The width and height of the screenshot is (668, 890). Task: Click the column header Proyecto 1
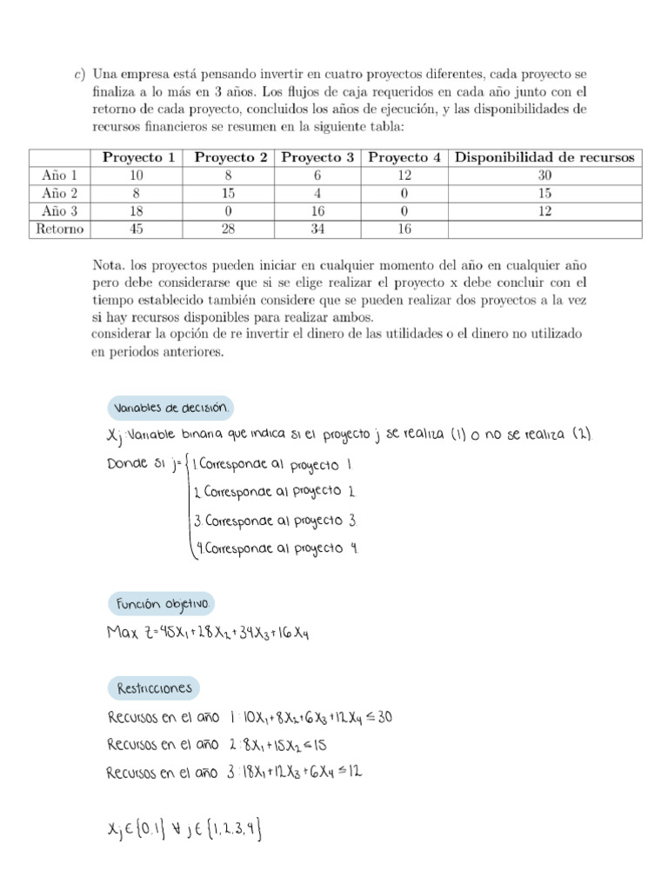pyautogui.click(x=139, y=157)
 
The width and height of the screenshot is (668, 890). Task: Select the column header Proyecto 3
pyautogui.click(x=317, y=157)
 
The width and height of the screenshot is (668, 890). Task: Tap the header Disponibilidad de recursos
pyautogui.click(x=544, y=157)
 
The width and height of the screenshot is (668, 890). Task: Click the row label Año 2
pyautogui.click(x=60, y=193)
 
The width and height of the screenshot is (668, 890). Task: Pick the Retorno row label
pyautogui.click(x=60, y=229)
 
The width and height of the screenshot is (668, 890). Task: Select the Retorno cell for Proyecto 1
pyautogui.click(x=139, y=229)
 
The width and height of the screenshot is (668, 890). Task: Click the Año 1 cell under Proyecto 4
pyautogui.click(x=404, y=176)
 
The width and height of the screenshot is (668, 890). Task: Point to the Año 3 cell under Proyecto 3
pyautogui.click(x=317, y=211)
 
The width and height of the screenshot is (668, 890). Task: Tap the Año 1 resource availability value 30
pyautogui.click(x=544, y=176)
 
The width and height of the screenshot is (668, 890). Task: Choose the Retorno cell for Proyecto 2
pyautogui.click(x=230, y=229)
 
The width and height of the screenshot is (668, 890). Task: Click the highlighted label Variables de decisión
pyautogui.click(x=170, y=408)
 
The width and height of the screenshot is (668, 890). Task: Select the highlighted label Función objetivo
pyautogui.click(x=161, y=603)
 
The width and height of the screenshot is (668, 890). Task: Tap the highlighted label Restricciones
pyautogui.click(x=154, y=689)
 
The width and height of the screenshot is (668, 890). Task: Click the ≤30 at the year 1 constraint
pyautogui.click(x=384, y=718)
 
